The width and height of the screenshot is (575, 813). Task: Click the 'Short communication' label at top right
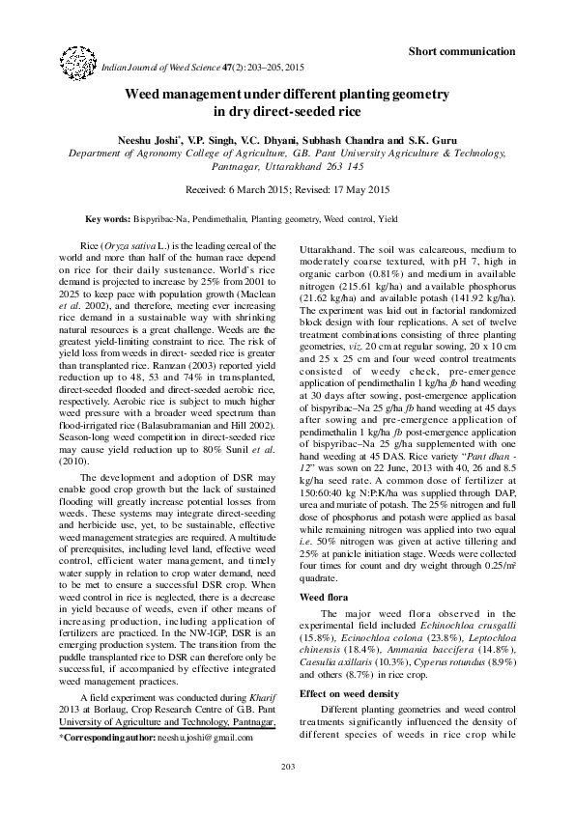(461, 50)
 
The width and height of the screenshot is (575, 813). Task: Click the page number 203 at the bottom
(287, 793)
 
